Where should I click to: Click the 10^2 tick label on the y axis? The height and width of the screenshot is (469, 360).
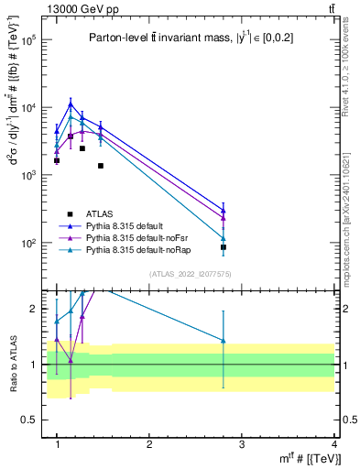[27, 244]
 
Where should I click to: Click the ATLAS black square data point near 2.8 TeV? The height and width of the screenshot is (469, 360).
[224, 247]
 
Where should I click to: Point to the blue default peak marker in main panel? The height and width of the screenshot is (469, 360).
[71, 104]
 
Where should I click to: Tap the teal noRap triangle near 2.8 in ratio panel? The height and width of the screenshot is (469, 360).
[224, 341]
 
